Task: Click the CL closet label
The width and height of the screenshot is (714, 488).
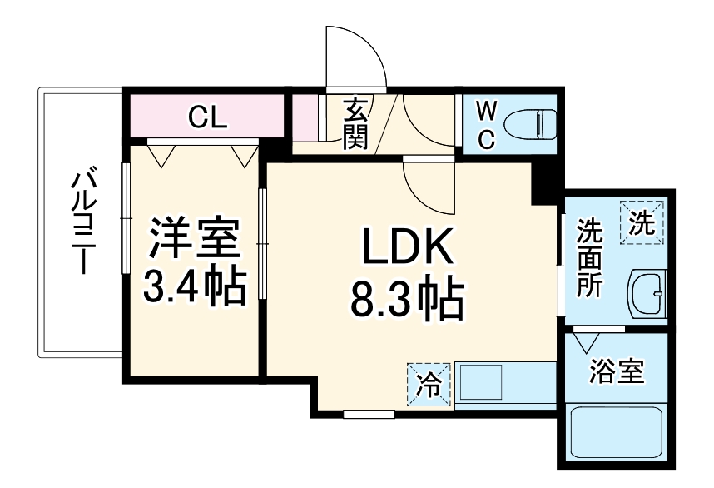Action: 207,117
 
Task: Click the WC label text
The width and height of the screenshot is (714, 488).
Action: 487,124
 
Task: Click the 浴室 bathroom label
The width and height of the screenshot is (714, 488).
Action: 617,372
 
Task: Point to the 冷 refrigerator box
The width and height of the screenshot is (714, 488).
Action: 429,385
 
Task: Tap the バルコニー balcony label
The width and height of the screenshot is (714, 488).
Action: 82,222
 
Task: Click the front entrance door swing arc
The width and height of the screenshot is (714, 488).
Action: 355,54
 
